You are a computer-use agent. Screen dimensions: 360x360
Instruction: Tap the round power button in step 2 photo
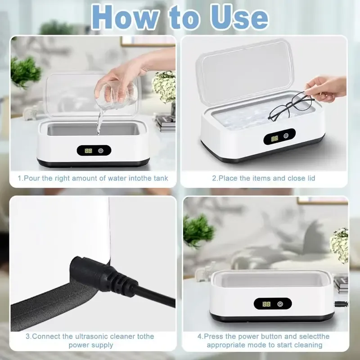pyautogui.click(x=286, y=136)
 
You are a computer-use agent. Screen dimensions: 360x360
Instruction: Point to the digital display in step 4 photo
pyautogui.click(x=266, y=304)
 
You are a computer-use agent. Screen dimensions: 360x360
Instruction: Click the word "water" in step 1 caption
pyautogui.click(x=119, y=178)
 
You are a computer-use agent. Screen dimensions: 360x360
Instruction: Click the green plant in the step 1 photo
pyautogui.click(x=25, y=72)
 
